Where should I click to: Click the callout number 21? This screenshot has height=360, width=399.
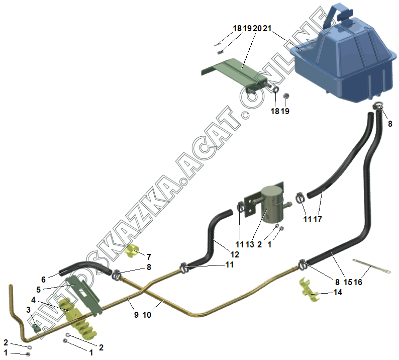pos(266,29)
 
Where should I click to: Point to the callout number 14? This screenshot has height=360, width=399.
pos(338,292)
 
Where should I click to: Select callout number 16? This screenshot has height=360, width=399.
pos(357,283)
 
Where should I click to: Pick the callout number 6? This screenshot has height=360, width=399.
pos(43,279)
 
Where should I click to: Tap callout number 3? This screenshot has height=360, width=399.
pos(28,309)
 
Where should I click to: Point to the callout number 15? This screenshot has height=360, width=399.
pos(347,283)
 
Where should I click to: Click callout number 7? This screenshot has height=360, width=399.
pos(149,256)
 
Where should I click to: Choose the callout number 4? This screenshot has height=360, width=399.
pos(33,300)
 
